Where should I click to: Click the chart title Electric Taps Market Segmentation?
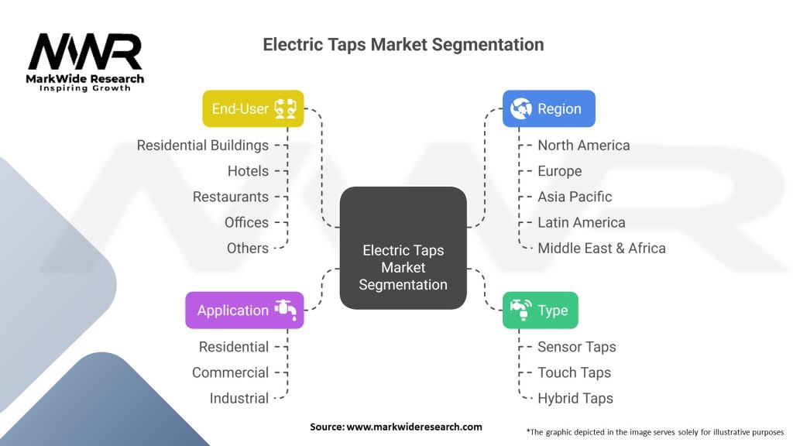pyautogui.click(x=403, y=44)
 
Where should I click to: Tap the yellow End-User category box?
pyautogui.click(x=252, y=108)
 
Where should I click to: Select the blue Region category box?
pyautogui.click(x=548, y=108)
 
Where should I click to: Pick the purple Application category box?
pyautogui.click(x=244, y=310)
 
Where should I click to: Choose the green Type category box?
pyautogui.click(x=540, y=310)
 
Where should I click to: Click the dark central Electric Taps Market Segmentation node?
pyautogui.click(x=403, y=249)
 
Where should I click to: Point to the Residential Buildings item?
pyautogui.click(x=203, y=146)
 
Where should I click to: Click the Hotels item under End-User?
pyautogui.click(x=248, y=171)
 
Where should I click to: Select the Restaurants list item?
pyautogui.click(x=231, y=197)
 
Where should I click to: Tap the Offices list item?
pyautogui.click(x=246, y=222)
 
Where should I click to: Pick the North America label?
pyautogui.click(x=583, y=146)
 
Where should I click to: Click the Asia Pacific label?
pyautogui.click(x=575, y=197)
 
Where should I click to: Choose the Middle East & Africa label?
pyautogui.click(x=601, y=248)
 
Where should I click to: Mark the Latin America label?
pyautogui.click(x=581, y=222)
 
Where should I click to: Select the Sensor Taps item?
pyautogui.click(x=576, y=347)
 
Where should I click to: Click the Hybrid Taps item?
pyautogui.click(x=575, y=398)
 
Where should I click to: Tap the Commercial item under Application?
pyautogui.click(x=230, y=372)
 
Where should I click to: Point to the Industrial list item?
pyautogui.click(x=239, y=398)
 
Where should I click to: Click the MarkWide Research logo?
pyautogui.click(x=85, y=62)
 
